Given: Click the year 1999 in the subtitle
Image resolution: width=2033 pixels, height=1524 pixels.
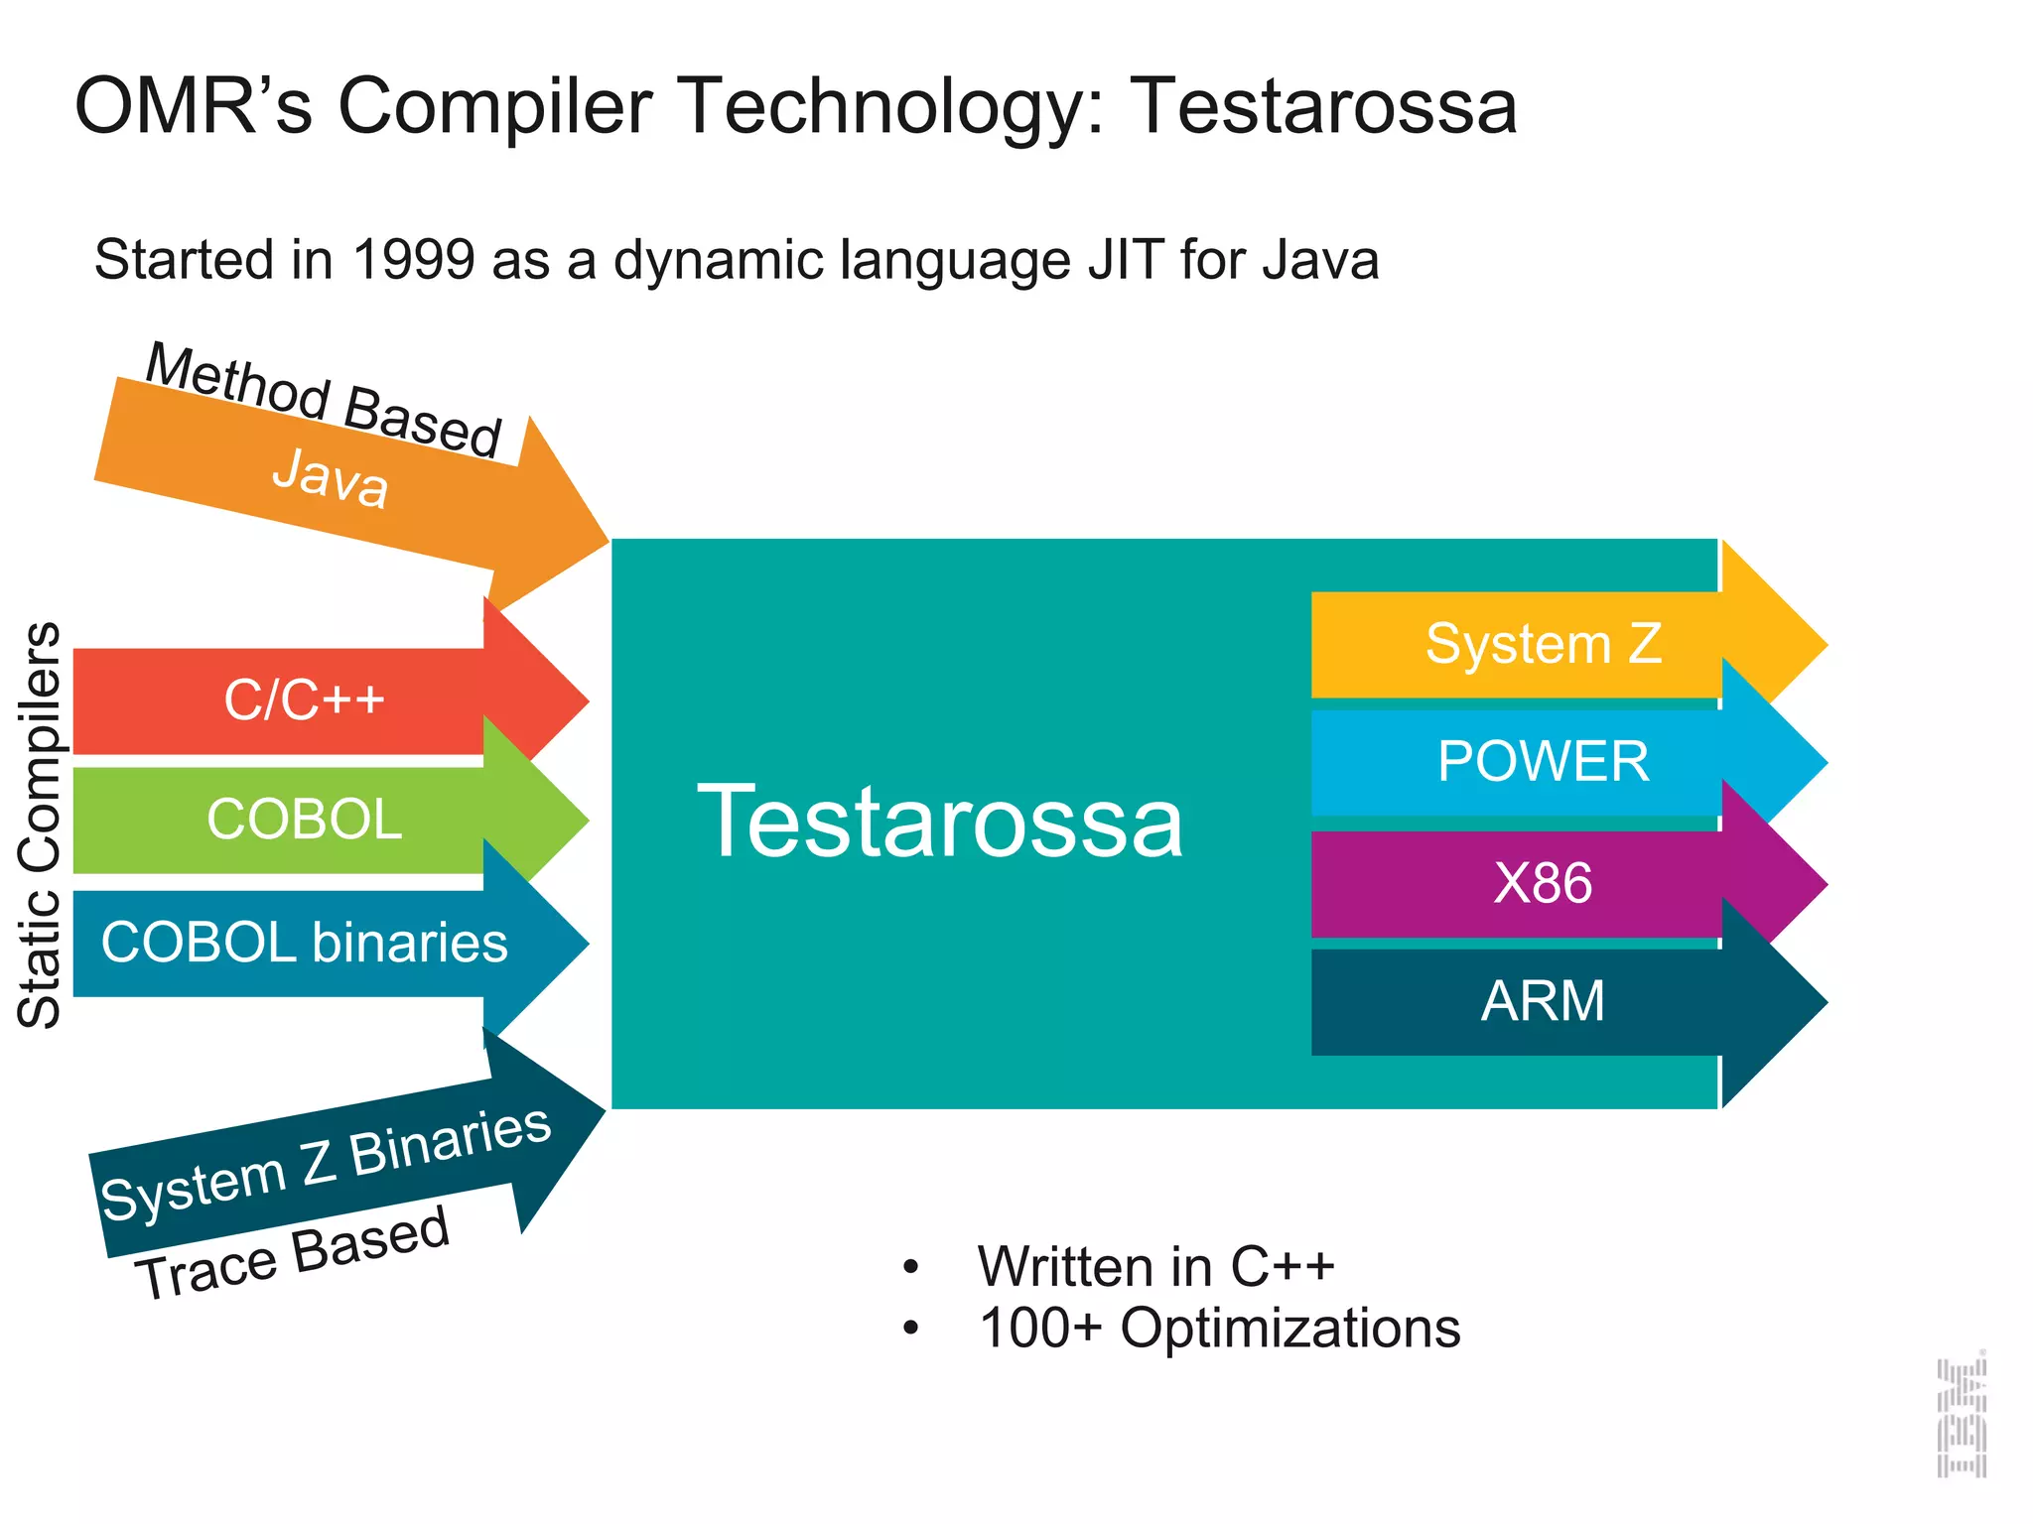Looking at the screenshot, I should [x=413, y=260].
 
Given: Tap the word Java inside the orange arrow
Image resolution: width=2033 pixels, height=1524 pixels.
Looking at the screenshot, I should [x=330, y=478].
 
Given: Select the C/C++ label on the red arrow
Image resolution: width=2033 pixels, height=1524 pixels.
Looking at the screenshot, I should [x=304, y=699].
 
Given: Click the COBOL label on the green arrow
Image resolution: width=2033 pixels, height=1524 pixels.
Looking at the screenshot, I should [x=304, y=820].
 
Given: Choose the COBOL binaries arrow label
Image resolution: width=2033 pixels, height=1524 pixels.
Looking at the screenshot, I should [x=304, y=943].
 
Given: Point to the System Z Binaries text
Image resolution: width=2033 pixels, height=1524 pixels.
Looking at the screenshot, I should [x=326, y=1164].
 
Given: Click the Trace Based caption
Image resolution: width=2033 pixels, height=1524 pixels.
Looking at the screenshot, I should [x=293, y=1253].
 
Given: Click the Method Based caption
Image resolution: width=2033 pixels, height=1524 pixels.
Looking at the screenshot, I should [x=324, y=399].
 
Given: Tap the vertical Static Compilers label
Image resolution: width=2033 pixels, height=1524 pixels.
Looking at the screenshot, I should [x=41, y=824].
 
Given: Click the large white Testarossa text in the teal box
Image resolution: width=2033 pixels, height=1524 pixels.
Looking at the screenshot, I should [x=940, y=822].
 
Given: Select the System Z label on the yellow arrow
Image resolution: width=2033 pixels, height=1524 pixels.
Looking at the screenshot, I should [x=1543, y=644].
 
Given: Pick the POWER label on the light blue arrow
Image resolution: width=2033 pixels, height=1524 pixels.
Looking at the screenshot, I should [x=1543, y=762].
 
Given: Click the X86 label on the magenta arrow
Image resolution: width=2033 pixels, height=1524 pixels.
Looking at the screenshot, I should [x=1543, y=883].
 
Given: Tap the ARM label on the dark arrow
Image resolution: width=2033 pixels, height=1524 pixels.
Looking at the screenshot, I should [x=1543, y=1001].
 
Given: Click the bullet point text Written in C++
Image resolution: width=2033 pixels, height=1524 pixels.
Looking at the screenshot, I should [x=1155, y=1267].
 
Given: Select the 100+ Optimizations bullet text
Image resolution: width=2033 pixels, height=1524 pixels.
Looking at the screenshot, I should [x=1219, y=1329].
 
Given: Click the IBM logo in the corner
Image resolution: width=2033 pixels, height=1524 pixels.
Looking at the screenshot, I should [x=1962, y=1417].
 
